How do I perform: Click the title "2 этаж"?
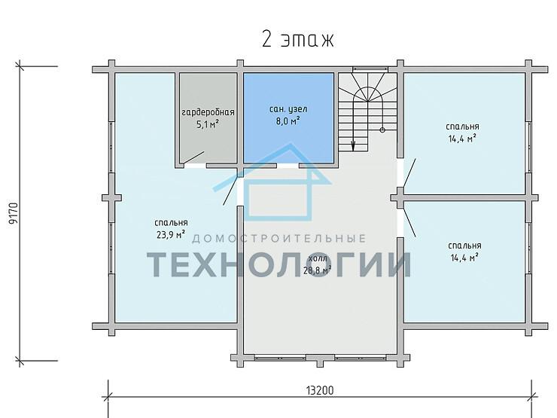pos(298,39)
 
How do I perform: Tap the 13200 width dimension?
pos(320,390)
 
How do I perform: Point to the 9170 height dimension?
pos(13,214)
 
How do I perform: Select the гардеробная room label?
pos(208,112)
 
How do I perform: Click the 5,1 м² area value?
pos(208,124)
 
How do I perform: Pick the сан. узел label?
pos(288,109)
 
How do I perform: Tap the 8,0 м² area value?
pos(288,121)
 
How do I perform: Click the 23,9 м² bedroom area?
pos(171,234)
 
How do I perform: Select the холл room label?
pos(318,258)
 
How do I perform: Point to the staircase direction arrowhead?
pos(353,145)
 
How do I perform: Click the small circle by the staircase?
pos(382,130)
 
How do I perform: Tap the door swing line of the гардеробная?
pos(193,158)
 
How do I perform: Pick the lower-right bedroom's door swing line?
pos(409,222)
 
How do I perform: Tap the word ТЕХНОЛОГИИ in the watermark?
pos(279,264)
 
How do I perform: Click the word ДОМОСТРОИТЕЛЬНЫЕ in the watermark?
pos(278,238)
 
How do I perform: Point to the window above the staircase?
pos(370,69)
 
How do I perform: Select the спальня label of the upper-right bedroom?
pos(462,127)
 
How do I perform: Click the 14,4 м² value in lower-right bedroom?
pos(464,258)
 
